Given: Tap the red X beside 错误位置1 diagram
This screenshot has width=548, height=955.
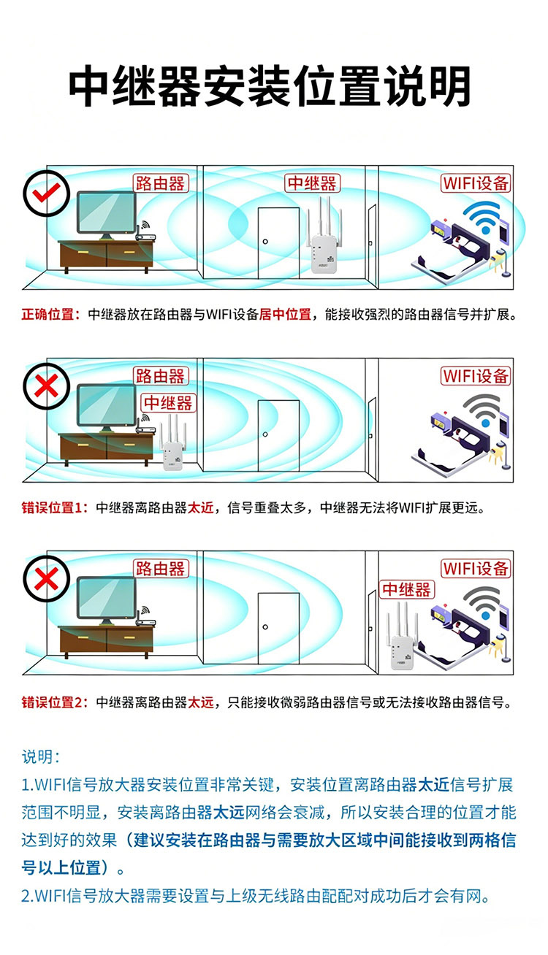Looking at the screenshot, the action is click(46, 386).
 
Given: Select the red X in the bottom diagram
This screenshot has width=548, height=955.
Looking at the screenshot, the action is click(46, 579).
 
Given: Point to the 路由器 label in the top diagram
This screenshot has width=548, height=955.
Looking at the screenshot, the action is click(161, 183).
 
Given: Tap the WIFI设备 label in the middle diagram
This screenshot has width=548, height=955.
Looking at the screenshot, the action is click(476, 376).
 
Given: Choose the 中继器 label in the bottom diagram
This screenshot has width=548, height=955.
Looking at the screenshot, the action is click(407, 589).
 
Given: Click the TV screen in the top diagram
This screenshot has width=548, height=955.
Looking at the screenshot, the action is click(106, 212).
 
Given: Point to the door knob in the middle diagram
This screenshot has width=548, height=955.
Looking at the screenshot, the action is click(265, 434).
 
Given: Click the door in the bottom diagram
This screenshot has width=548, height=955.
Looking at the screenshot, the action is click(278, 628).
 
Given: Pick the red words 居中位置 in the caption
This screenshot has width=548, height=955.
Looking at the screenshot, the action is click(285, 315).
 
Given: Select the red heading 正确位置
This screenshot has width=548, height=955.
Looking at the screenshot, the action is click(47, 315).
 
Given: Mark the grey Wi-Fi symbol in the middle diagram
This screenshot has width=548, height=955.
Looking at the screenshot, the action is click(483, 410).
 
